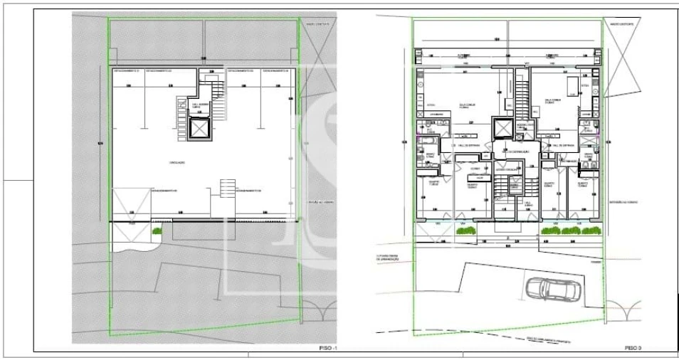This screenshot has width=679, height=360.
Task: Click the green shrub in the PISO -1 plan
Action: pyautogui.click(x=157, y=231)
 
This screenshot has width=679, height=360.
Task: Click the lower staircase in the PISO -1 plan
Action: pyautogui.click(x=228, y=189)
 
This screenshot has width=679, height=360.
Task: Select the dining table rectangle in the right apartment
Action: pyautogui.click(x=572, y=88)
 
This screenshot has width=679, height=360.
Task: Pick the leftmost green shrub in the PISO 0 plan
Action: pyautogui.click(x=549, y=231)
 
